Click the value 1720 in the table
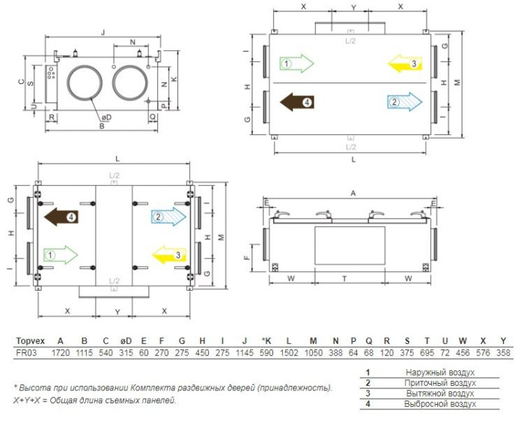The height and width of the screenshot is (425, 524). click(61, 353)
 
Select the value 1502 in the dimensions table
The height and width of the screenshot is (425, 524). click(289, 353)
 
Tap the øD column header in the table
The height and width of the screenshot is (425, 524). click(126, 341)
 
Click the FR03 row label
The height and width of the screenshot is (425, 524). click(26, 353)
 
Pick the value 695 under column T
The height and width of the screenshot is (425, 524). click(427, 353)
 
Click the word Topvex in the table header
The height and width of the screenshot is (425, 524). click(31, 341)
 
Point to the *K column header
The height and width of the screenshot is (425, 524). click(266, 341)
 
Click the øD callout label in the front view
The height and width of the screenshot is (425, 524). click(106, 118)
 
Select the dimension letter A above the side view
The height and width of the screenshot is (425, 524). click(353, 193)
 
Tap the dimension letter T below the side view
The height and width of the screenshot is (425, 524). click(344, 279)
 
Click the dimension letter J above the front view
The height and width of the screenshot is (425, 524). click(103, 32)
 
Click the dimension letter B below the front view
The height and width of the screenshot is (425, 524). click(102, 126)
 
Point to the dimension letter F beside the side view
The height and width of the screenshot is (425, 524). click(246, 258)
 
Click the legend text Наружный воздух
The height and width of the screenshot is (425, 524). click(440, 373)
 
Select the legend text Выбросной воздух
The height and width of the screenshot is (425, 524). click(440, 404)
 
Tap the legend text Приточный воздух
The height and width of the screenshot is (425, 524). click(440, 383)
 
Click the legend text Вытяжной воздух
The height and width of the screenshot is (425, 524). click(440, 394)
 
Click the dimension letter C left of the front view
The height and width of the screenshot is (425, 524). click(22, 82)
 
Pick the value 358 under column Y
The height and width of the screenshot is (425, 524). click(503, 353)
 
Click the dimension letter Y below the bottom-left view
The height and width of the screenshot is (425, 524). click(118, 312)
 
